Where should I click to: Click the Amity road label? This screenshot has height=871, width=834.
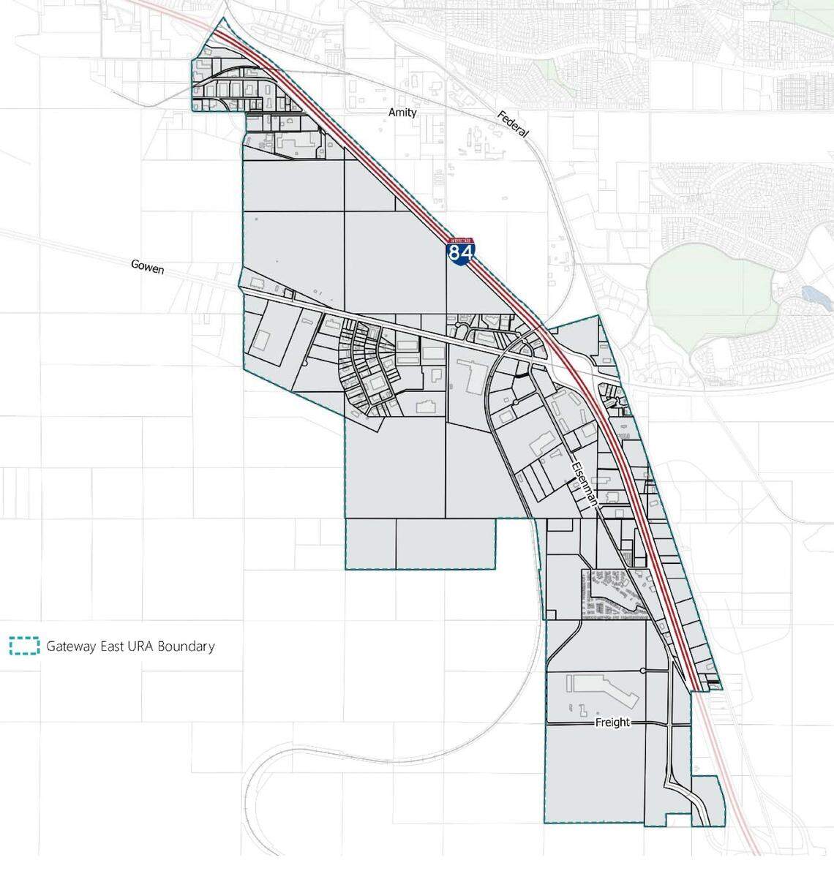(402, 113)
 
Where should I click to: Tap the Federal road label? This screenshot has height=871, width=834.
(512, 124)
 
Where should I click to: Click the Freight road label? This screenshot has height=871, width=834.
(612, 723)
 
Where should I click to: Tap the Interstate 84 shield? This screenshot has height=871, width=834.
(461, 252)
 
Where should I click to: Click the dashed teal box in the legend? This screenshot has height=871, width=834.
(24, 646)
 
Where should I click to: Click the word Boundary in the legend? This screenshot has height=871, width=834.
(187, 646)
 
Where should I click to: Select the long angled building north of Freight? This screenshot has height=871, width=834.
(604, 688)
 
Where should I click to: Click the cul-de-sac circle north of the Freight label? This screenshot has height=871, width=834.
(642, 671)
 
